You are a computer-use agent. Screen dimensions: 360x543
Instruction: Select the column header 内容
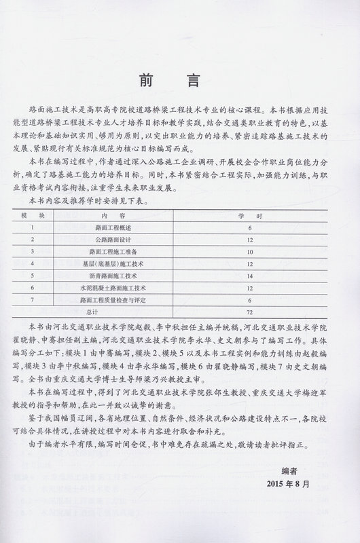[130, 215]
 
